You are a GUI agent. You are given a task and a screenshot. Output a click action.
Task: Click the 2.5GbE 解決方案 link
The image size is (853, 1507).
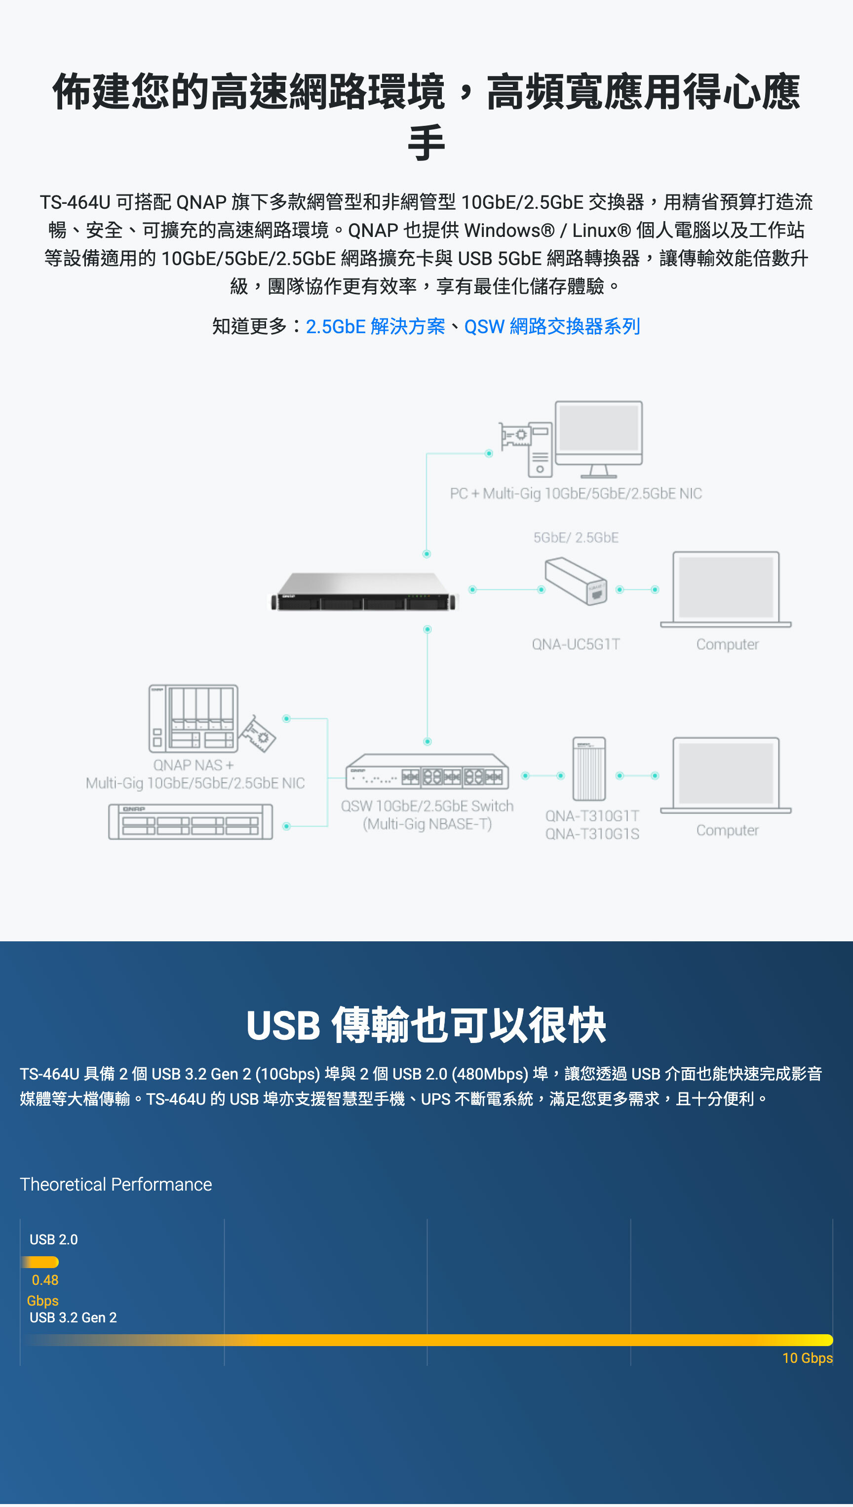(375, 326)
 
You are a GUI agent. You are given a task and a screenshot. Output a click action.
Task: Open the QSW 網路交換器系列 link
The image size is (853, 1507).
(552, 326)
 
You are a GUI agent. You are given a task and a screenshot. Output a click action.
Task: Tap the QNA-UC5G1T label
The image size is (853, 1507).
(575, 644)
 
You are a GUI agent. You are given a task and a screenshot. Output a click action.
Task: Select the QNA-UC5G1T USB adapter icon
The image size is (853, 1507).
(575, 581)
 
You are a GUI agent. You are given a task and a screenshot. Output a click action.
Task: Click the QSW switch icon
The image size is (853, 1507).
(427, 772)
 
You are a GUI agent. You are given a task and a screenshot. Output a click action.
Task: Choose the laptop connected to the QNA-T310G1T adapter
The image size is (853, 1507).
(725, 775)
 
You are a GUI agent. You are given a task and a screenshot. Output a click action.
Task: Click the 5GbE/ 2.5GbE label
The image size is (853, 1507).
(575, 538)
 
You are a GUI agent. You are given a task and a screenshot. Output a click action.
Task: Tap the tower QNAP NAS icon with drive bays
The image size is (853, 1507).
(194, 719)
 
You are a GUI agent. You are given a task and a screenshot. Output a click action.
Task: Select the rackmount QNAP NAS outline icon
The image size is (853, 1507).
(191, 822)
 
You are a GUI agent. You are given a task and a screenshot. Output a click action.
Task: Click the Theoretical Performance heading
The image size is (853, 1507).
(116, 1184)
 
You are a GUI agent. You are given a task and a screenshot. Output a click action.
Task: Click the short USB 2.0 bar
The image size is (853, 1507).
(40, 1262)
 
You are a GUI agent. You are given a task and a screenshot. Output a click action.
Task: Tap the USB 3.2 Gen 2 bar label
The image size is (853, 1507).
(73, 1317)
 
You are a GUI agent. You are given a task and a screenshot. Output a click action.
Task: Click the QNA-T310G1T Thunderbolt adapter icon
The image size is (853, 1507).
(589, 769)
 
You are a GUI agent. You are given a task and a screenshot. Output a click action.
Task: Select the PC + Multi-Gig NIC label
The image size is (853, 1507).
(575, 494)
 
